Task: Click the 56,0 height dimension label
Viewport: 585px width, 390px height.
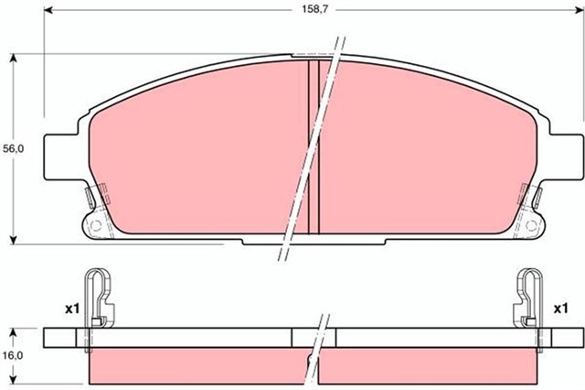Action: (14, 148)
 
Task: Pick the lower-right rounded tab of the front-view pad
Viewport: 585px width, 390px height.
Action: (532, 222)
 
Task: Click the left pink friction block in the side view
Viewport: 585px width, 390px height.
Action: (197, 366)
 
